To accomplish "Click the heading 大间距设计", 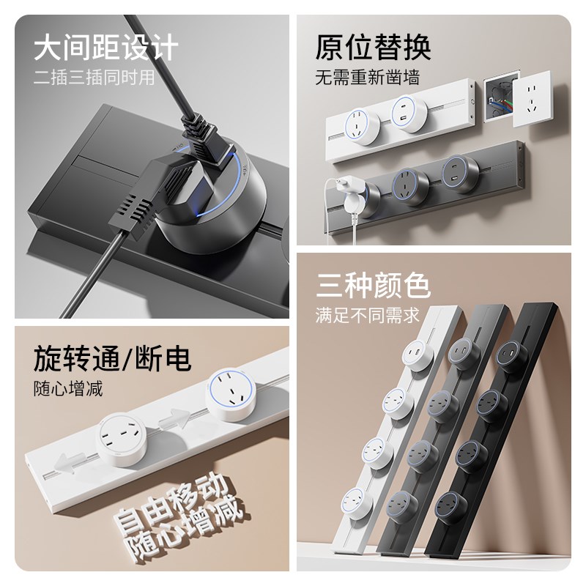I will point(106,48).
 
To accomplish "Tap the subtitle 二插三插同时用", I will point(94,78).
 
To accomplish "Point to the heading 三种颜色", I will point(373,285).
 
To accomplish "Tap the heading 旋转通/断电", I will point(112,359).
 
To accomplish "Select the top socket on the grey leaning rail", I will point(462,351).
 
